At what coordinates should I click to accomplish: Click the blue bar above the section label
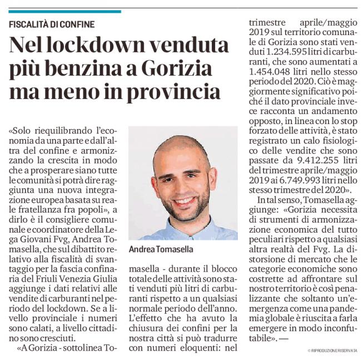pyautogui.click(x=64, y=11)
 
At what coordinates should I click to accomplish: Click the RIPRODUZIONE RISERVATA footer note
pyautogui.click(x=333, y=351)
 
